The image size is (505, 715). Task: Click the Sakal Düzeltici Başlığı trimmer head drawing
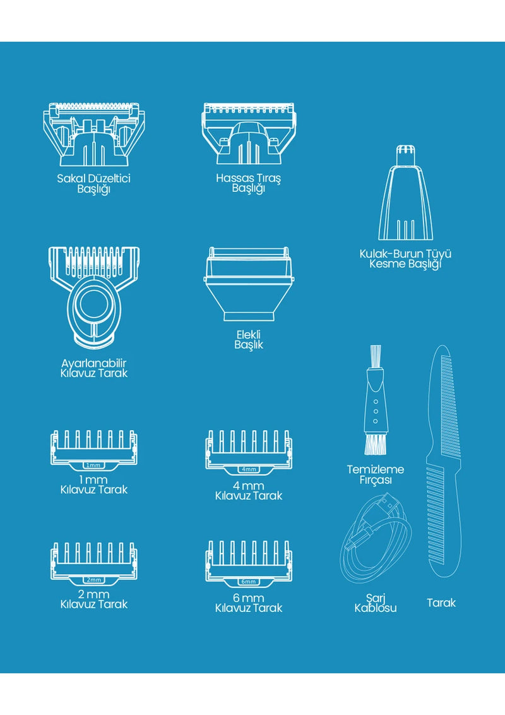94,134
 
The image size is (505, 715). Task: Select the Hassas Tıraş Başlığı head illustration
249,133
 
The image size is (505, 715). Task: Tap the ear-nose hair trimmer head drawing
405,193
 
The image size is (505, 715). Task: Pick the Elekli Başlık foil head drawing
248,284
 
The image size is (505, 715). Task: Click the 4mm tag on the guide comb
249,469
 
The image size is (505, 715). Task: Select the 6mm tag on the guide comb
249,582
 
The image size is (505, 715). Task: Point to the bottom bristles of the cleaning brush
376,445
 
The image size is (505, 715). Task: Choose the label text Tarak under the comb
441,603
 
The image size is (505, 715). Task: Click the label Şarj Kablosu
375,603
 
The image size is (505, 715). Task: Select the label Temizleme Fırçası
375,475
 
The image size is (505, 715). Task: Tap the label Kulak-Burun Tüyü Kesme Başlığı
405,259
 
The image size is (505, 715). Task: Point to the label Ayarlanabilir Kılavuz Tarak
93,368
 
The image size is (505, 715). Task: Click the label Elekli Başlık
249,340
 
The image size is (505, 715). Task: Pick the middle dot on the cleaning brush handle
376,411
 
